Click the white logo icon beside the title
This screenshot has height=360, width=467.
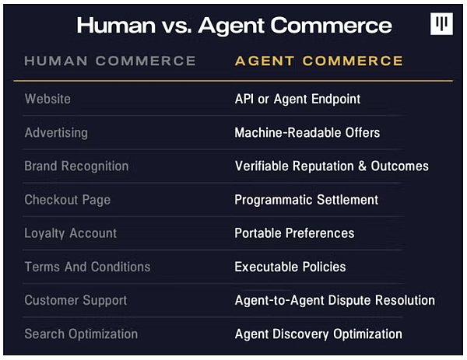(441, 24)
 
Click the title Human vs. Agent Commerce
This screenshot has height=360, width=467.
(234, 26)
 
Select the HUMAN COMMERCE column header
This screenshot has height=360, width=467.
(110, 61)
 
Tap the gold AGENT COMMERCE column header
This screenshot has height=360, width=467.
(318, 61)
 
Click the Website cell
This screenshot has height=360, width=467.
(47, 99)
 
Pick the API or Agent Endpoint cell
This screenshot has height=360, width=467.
(297, 99)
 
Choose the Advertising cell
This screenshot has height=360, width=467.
(56, 133)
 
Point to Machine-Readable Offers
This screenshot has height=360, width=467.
(307, 133)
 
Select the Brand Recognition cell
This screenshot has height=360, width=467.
(76, 166)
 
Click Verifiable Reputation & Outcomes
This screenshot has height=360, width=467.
(332, 166)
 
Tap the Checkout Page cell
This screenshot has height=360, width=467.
(67, 200)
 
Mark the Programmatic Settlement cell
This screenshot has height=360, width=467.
(306, 200)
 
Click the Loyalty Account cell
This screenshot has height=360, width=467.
(70, 233)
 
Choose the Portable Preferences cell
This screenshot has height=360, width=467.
(294, 233)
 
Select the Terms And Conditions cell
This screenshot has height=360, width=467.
(87, 267)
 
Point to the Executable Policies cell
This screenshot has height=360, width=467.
(290, 267)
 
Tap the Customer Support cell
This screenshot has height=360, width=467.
(75, 300)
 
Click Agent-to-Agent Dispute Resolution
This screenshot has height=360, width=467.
(335, 300)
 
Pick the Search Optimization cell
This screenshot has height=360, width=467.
(81, 334)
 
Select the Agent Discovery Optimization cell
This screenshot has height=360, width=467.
(318, 334)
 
